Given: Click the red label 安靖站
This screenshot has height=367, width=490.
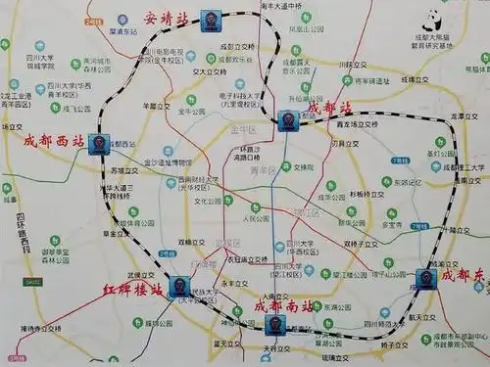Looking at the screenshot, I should click(165, 18).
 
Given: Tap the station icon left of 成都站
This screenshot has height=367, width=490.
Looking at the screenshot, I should click(287, 120).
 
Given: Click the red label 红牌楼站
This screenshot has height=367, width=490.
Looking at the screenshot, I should click(133, 290).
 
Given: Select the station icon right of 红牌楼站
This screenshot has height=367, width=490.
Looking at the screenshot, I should click(178, 287).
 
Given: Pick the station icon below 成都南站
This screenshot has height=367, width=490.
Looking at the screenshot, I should click(275, 324).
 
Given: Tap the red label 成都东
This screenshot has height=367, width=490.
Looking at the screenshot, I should click(461, 275).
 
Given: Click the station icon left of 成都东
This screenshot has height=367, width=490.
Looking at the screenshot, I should click(425, 278).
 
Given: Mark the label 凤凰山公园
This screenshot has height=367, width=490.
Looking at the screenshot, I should click(306, 28).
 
